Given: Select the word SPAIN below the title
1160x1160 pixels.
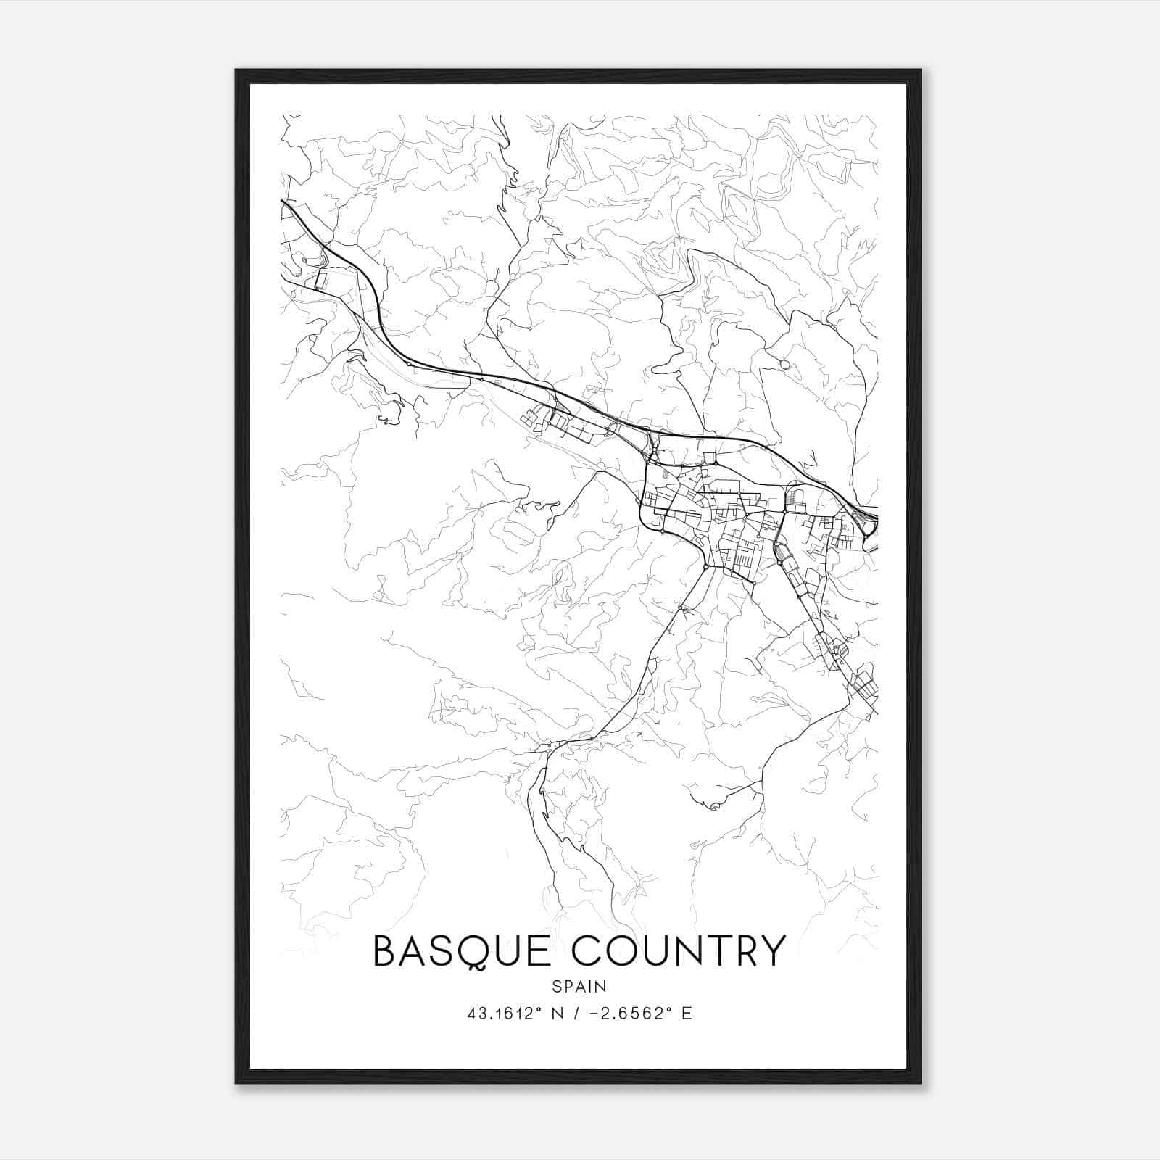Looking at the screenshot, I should [579, 987].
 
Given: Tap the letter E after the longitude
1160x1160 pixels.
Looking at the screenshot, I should [687, 1014].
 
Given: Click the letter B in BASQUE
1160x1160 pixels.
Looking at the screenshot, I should [386, 951].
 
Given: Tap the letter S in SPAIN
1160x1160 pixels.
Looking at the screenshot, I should [556, 987].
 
